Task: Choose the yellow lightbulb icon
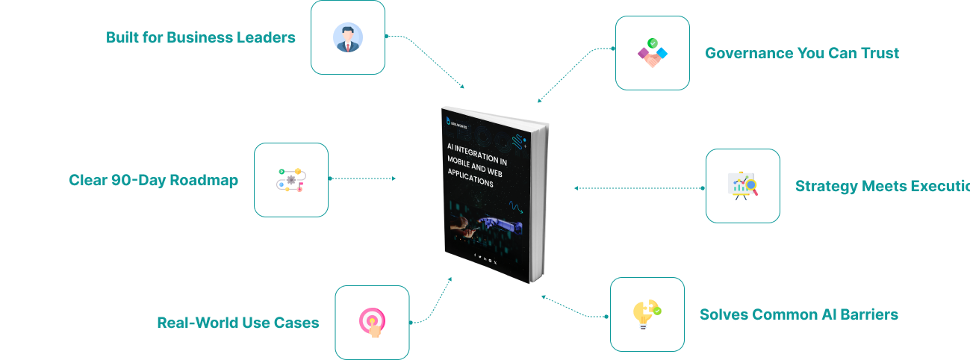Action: (x=647, y=316)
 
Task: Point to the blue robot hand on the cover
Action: (x=496, y=222)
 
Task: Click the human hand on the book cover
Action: (x=465, y=221)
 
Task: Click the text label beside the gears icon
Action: (x=153, y=181)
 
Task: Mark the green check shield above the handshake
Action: (x=653, y=43)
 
